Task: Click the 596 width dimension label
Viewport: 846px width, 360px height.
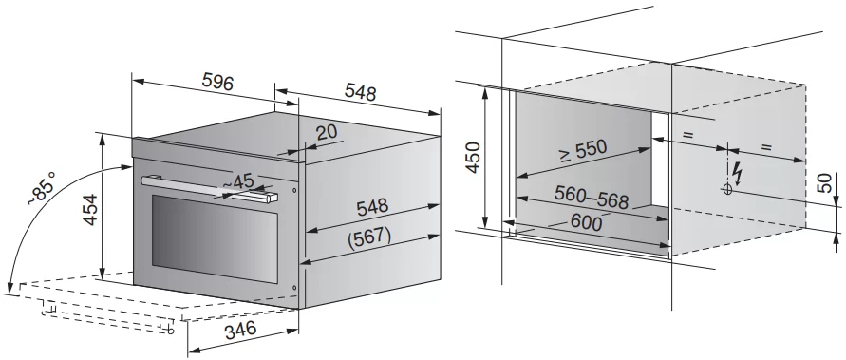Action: pos(217,83)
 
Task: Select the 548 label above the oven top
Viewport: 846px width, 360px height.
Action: pos(360,93)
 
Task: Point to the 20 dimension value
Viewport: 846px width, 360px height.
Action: pos(326,133)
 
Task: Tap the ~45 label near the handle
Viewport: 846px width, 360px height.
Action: pos(238,181)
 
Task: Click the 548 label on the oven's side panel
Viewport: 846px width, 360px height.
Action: pos(372,207)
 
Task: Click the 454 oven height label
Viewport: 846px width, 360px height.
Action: pos(90,209)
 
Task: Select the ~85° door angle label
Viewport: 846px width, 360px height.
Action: pos(42,188)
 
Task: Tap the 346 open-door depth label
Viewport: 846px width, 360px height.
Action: pos(240,329)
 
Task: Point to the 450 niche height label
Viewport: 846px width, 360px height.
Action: pos(473,157)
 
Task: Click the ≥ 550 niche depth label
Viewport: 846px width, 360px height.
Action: pos(583,152)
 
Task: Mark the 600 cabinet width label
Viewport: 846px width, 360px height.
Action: pos(586,222)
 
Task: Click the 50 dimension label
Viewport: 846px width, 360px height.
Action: pos(824,183)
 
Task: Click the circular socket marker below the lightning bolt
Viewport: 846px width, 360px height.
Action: pos(727,189)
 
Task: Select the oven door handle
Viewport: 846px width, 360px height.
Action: pos(209,188)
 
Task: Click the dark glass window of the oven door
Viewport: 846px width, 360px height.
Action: pos(215,238)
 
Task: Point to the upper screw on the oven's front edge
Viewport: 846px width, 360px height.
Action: pos(294,190)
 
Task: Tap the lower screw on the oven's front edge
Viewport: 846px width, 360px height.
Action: pos(294,288)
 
